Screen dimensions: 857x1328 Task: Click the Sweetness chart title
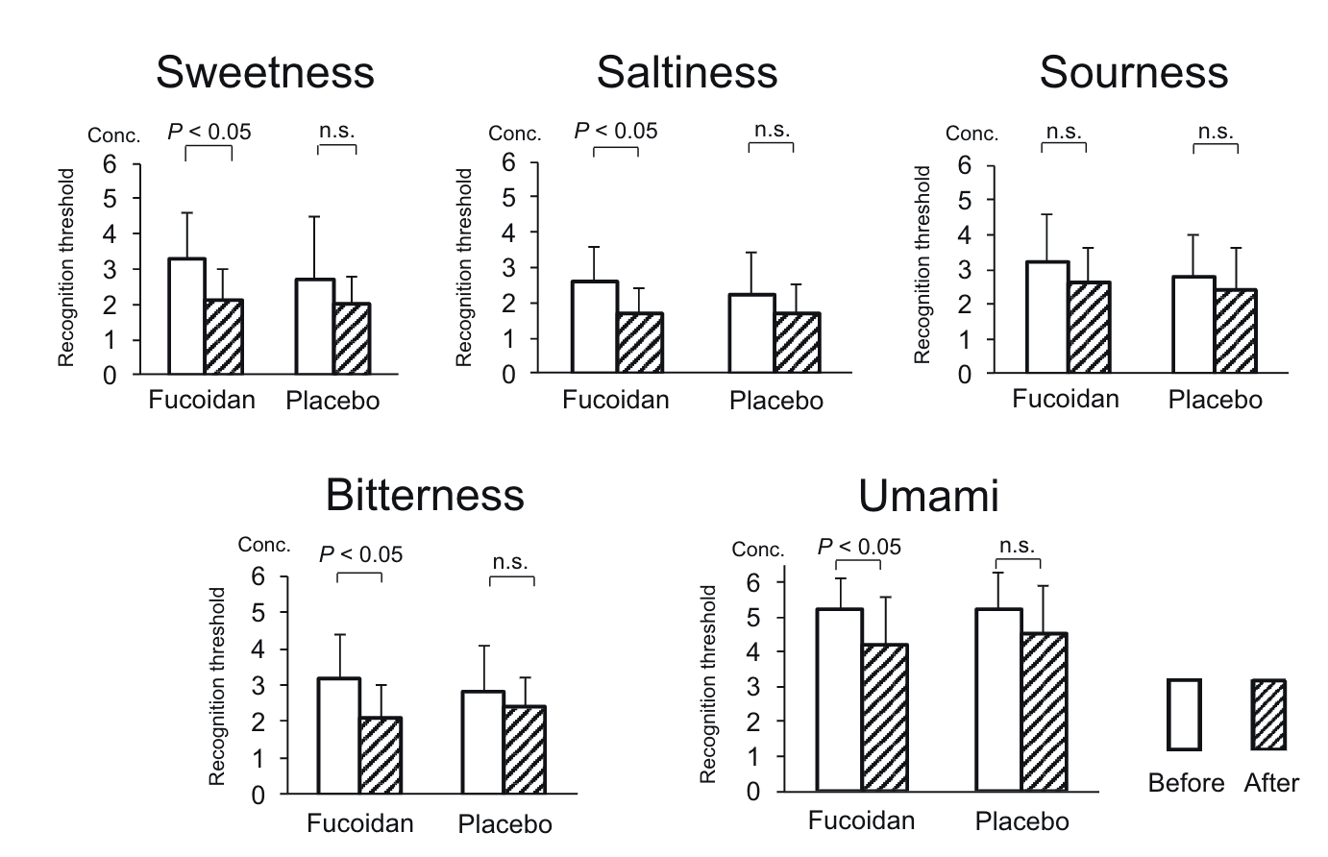point(265,72)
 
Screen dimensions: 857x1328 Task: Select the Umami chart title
point(928,496)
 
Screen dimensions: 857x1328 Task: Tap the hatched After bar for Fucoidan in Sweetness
point(223,336)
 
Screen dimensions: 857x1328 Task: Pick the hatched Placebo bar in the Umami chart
point(1045,711)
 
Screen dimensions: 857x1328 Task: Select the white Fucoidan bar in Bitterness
point(340,736)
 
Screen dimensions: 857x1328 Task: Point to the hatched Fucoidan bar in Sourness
point(1089,327)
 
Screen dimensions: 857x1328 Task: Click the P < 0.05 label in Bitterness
point(360,554)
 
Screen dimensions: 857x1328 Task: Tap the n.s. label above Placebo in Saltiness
point(771,130)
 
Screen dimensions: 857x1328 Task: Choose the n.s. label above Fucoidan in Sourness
point(1064,131)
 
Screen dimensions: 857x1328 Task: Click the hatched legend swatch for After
point(1268,714)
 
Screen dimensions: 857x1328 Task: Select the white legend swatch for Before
point(1185,714)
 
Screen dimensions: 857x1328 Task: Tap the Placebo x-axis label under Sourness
point(1215,400)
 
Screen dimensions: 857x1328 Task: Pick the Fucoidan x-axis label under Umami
point(861,820)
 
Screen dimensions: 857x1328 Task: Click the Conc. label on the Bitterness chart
point(264,545)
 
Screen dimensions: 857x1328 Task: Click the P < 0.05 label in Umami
point(859,547)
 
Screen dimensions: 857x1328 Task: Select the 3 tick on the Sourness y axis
point(964,269)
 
